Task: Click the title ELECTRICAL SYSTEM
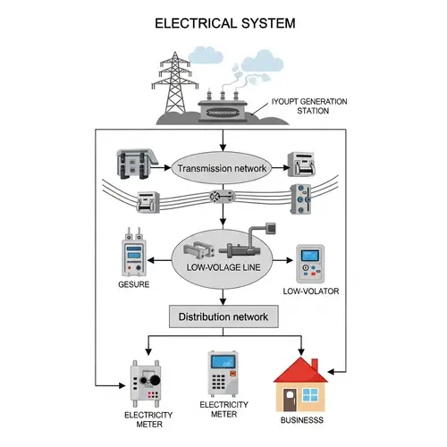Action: [223, 22]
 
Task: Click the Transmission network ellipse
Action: [222, 167]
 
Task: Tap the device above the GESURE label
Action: [132, 255]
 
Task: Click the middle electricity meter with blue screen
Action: [222, 374]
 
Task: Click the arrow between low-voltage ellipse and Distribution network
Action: [222, 298]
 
